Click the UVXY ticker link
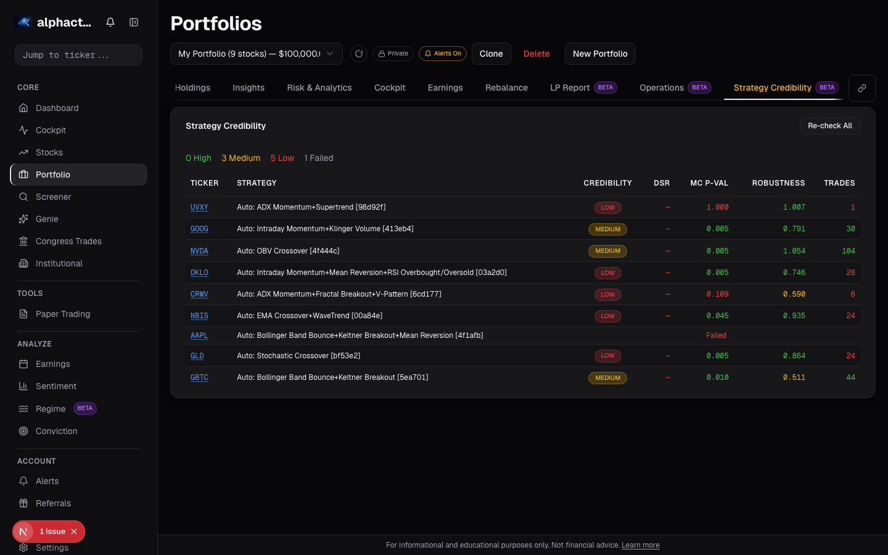pos(199,207)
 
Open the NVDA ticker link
pos(199,251)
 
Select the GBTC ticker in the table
pos(199,377)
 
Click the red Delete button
pos(536,54)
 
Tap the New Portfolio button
pos(600,54)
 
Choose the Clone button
pos(491,54)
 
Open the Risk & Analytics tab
pos(319,88)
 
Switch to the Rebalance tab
pos(506,88)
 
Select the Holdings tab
pos(192,88)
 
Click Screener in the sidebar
pos(54,197)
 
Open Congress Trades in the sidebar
pos(68,241)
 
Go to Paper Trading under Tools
pos(63,314)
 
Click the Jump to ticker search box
pos(78,55)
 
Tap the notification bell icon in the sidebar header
pos(110,22)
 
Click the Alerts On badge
pos(443,54)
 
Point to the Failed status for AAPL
pos(716,335)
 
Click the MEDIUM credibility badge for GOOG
pos(607,229)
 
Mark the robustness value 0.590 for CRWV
pos(794,294)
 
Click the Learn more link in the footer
pos(640,545)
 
